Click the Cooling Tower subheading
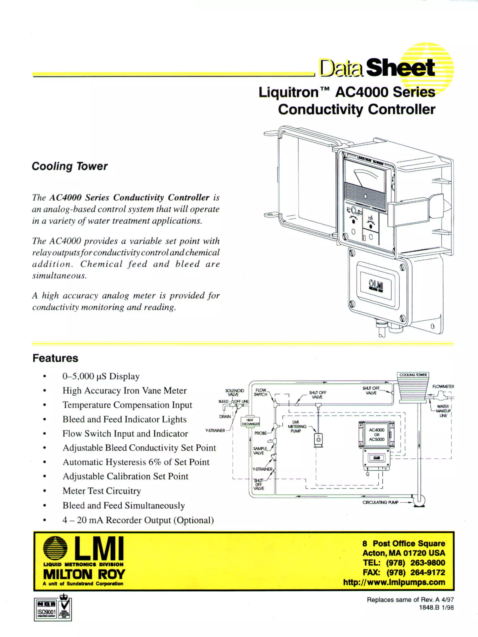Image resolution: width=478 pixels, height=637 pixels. [70, 166]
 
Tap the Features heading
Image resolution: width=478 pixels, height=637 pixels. [55, 358]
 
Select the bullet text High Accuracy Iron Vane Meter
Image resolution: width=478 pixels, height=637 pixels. [124, 391]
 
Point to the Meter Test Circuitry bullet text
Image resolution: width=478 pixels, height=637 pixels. [102, 490]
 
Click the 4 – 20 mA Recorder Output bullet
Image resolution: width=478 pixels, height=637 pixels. [138, 520]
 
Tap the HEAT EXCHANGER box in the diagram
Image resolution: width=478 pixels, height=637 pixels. [250, 422]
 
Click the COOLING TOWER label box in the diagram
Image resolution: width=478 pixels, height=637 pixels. [413, 375]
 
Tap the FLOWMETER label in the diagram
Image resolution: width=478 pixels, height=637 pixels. [443, 386]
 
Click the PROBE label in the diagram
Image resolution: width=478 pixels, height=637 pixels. [260, 433]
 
